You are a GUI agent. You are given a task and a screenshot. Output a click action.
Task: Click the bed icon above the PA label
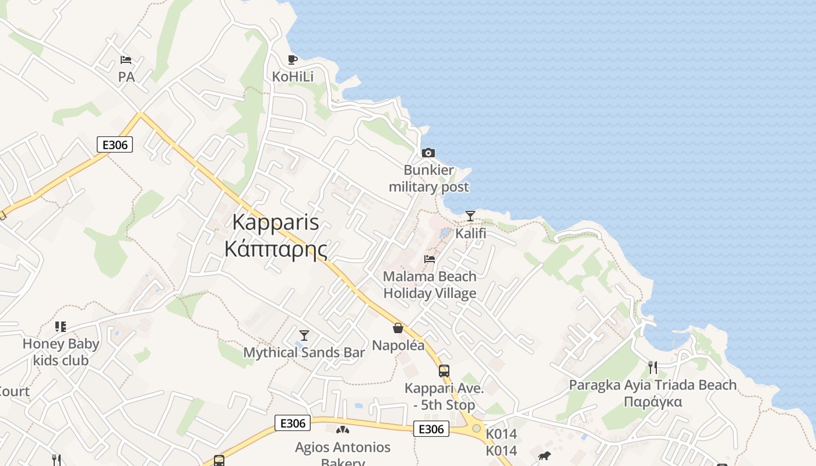[126, 59]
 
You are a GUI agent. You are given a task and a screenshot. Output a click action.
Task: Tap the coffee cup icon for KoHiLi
[293, 59]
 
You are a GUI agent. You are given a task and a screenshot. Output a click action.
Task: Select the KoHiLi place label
[293, 76]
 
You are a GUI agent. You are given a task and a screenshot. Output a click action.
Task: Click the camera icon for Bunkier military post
[428, 153]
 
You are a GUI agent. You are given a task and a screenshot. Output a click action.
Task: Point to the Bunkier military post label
[429, 178]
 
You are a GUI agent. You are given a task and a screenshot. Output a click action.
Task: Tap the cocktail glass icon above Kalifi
[470, 216]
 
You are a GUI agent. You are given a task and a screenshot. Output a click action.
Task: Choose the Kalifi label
[470, 234]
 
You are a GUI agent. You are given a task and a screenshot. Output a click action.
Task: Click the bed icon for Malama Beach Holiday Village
[430, 259]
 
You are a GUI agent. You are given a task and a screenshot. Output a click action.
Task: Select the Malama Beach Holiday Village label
[430, 284]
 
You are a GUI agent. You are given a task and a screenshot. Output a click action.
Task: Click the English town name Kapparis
[276, 222]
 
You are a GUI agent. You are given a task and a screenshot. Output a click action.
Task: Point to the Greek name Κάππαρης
[276, 249]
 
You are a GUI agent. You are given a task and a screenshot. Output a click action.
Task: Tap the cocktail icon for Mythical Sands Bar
[304, 335]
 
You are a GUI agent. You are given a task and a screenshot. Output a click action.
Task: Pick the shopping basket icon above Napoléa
[398, 328]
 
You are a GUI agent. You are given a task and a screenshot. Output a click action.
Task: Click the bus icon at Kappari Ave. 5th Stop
[444, 370]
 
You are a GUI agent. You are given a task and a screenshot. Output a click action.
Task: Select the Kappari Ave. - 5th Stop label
[444, 396]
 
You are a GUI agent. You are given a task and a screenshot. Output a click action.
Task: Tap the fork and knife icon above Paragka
[653, 368]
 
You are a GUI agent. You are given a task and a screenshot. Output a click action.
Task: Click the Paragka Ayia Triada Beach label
[653, 393]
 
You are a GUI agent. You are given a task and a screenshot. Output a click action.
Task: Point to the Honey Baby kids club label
[61, 352]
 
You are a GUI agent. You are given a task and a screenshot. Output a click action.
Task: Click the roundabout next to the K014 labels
[477, 429]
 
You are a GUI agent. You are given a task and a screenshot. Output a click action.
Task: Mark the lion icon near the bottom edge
[544, 456]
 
